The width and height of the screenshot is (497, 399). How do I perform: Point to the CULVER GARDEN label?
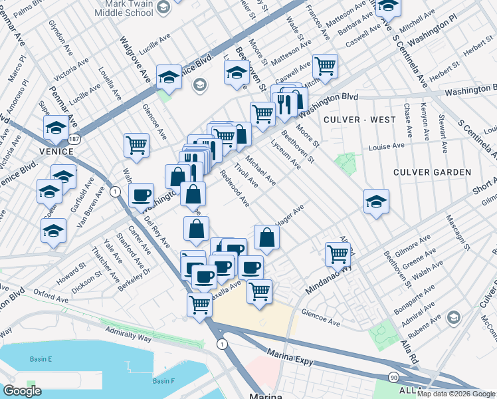pos(432,172)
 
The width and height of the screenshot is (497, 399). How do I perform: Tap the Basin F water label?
pos(163,381)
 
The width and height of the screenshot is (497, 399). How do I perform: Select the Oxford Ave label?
pos(52,299)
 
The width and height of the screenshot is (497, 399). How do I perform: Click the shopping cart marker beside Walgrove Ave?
pos(136,144)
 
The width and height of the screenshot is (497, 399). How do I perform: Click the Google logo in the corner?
pos(23,391)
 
